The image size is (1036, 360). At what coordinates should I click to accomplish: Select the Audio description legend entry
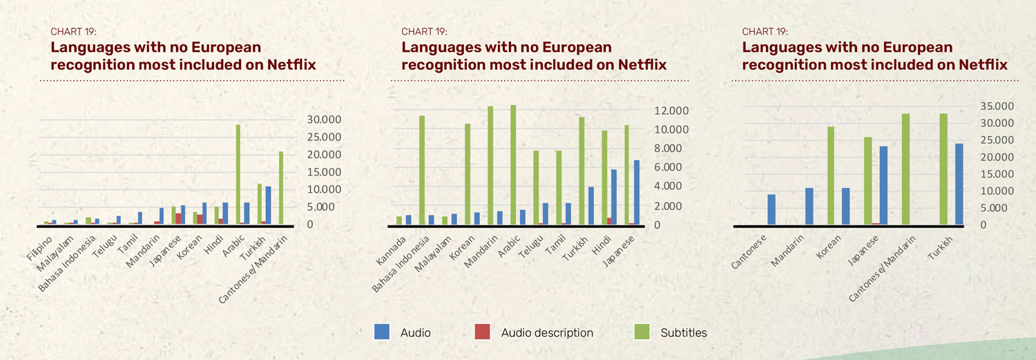(x=547, y=332)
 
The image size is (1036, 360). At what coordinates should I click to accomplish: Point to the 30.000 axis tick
(x=323, y=120)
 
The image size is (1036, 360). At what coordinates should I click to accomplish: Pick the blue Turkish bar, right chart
(x=959, y=184)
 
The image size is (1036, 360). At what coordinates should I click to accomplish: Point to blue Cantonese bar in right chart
(x=771, y=209)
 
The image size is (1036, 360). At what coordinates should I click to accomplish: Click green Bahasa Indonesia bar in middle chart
(x=422, y=170)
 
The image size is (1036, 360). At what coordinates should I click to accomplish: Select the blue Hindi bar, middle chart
(x=613, y=197)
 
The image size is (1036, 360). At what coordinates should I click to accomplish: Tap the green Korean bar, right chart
(x=831, y=176)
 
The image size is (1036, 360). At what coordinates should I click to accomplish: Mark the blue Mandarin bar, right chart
(x=809, y=206)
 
